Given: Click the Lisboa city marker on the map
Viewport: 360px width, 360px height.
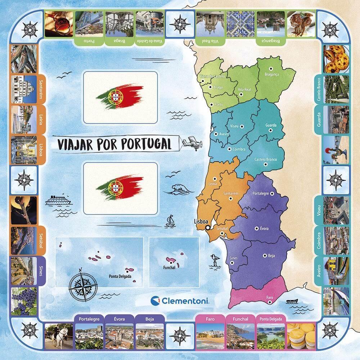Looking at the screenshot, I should click(208, 227).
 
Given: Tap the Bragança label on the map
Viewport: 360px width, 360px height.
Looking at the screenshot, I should click(272, 74).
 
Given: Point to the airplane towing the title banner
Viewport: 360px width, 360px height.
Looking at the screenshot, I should click(191, 143).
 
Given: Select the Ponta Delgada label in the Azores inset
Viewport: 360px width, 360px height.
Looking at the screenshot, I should click(120, 277).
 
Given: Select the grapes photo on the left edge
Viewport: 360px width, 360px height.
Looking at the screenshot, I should click(23, 301).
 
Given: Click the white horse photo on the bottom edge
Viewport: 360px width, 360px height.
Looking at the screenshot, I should click(59, 337).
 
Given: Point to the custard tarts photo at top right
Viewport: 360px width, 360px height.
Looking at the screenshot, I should click(335, 59).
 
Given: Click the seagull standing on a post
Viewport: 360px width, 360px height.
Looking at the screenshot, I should click(215, 260).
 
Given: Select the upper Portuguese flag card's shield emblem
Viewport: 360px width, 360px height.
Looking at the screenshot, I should click(116, 96).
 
